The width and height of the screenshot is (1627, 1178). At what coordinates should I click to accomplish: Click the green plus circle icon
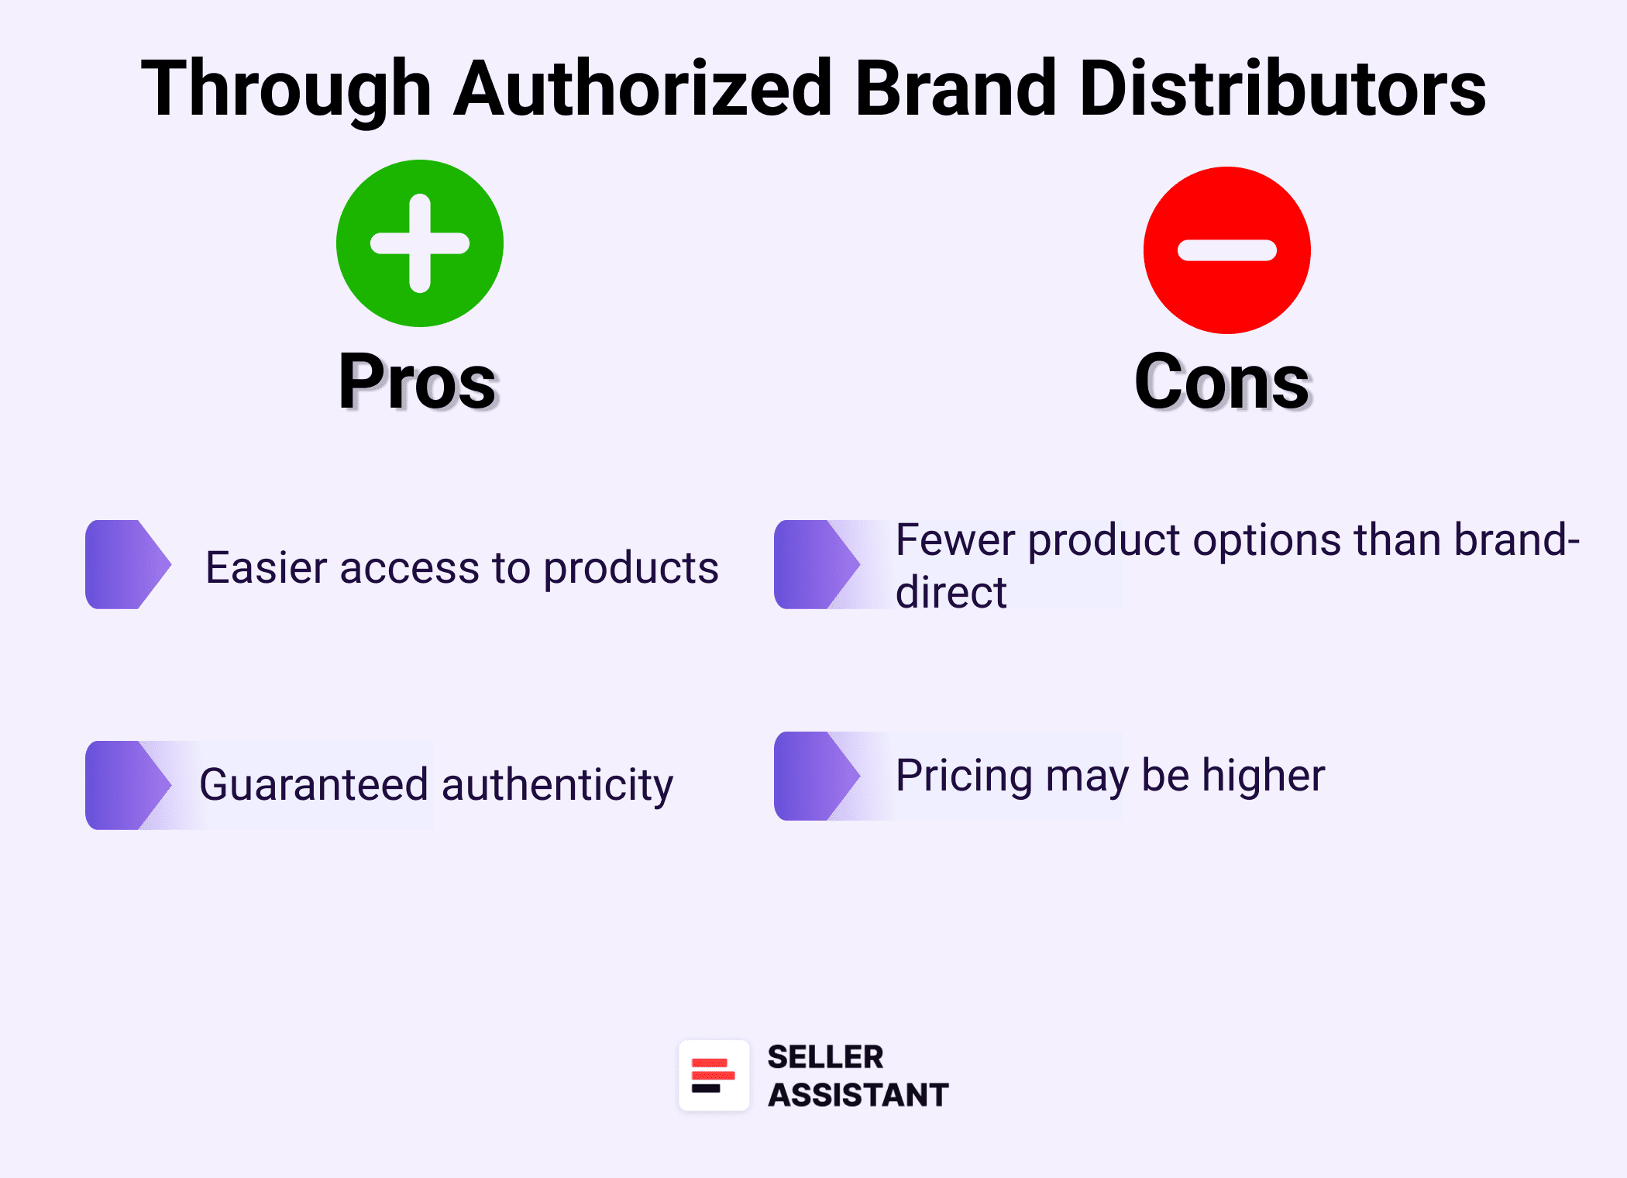(420, 243)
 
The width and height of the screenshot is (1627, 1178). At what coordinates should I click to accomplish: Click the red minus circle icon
(1226, 250)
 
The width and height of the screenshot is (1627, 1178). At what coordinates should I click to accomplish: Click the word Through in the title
(286, 89)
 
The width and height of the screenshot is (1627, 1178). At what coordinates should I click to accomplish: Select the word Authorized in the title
(644, 89)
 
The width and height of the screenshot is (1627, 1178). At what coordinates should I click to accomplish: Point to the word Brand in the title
(956, 89)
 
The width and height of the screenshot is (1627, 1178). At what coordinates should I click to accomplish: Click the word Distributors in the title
(1282, 89)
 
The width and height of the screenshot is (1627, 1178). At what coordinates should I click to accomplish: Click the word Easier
(267, 567)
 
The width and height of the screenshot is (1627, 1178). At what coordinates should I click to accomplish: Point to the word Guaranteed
(314, 784)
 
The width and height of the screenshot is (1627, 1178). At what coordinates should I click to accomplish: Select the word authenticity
(557, 785)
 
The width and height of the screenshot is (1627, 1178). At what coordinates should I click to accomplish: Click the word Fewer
(955, 539)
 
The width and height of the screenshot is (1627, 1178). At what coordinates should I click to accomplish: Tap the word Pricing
(964, 776)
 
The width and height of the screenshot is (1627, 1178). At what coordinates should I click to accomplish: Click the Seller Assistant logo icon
(714, 1075)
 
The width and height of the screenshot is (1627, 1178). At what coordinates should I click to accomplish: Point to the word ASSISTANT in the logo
(858, 1095)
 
